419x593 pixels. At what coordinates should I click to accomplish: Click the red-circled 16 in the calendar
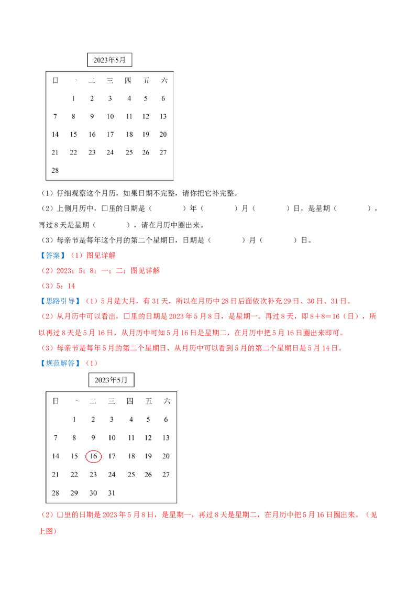click(93, 456)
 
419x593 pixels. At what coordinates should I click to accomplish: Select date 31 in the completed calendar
click(112, 493)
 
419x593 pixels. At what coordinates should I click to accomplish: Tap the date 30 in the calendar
click(93, 493)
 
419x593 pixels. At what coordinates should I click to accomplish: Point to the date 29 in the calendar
click(74, 493)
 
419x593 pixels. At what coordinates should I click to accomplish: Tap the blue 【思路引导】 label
click(60, 301)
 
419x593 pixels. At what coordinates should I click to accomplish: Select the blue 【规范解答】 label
click(60, 363)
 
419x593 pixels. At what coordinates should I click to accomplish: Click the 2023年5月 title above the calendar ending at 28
click(109, 60)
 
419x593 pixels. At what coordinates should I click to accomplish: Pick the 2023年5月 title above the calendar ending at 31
click(111, 380)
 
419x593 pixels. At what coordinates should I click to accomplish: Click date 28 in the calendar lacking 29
click(55, 170)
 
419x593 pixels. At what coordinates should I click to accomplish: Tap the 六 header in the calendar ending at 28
click(164, 80)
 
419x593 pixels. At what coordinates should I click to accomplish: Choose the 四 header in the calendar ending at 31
click(130, 401)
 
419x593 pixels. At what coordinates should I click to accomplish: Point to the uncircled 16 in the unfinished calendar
click(92, 134)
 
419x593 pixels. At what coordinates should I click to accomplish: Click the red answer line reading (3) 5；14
click(58, 286)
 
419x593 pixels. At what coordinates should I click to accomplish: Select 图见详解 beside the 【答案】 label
click(101, 255)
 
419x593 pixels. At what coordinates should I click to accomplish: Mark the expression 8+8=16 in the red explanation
click(325, 316)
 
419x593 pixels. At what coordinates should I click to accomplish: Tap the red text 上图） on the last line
click(48, 531)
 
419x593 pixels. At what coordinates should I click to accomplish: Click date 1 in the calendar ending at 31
click(74, 420)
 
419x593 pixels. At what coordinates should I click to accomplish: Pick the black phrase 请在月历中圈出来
click(171, 225)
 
